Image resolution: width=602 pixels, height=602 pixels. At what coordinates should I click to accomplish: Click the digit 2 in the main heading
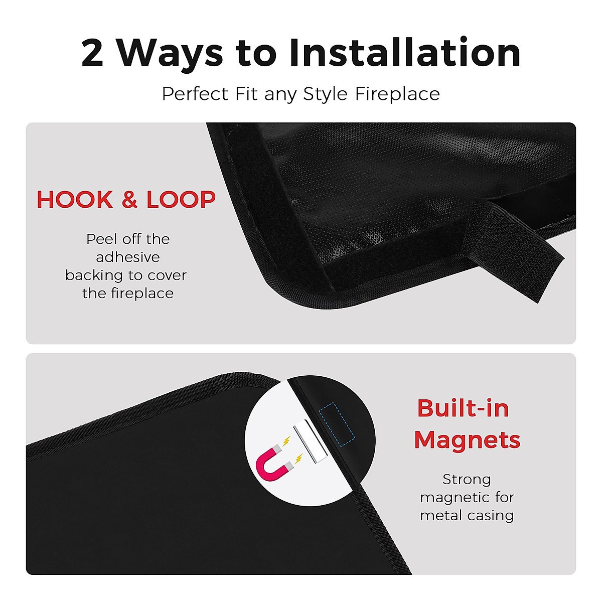(92, 53)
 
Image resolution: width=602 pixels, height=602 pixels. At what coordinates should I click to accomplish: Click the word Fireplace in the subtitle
(397, 94)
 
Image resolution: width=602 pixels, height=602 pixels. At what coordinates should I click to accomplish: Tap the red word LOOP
(181, 200)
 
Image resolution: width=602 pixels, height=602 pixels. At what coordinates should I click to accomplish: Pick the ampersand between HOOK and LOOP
(129, 200)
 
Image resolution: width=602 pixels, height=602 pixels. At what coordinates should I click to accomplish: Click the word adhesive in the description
(128, 257)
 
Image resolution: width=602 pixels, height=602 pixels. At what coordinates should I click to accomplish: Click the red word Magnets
(467, 439)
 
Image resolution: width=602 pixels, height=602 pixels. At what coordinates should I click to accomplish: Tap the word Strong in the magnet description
(467, 479)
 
